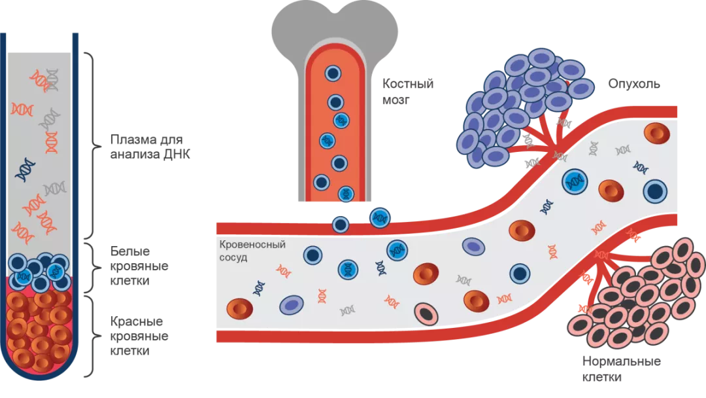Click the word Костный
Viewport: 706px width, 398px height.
[x=409, y=84]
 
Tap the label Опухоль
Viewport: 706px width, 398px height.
[x=633, y=84]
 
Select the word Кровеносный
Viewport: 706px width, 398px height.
[x=252, y=245]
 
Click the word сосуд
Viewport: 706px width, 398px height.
[x=233, y=257]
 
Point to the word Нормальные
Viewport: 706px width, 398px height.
[x=621, y=362]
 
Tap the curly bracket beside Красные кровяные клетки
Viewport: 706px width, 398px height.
[x=96, y=336]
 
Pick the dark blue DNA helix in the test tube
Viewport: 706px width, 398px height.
[x=26, y=169]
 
